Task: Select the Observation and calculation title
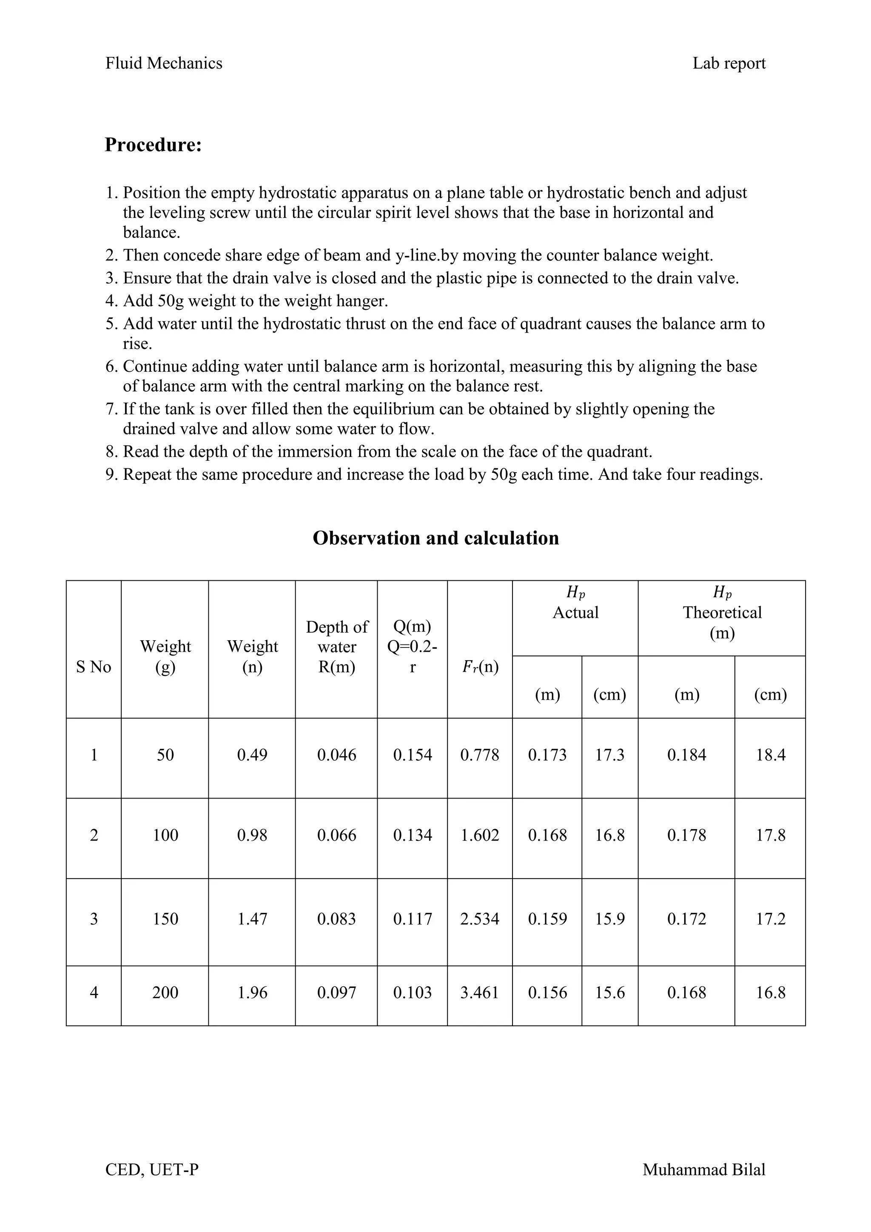click(435, 538)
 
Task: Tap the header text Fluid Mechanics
click(164, 63)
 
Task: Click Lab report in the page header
click(729, 63)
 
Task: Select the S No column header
click(94, 667)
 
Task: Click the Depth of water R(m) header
click(336, 647)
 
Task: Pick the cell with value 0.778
click(479, 755)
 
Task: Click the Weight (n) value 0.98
click(252, 835)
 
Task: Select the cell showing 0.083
click(336, 918)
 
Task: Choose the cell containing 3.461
click(479, 992)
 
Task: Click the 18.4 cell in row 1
click(770, 755)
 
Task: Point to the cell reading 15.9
click(610, 918)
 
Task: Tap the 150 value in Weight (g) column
click(165, 918)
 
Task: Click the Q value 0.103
click(412, 992)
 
